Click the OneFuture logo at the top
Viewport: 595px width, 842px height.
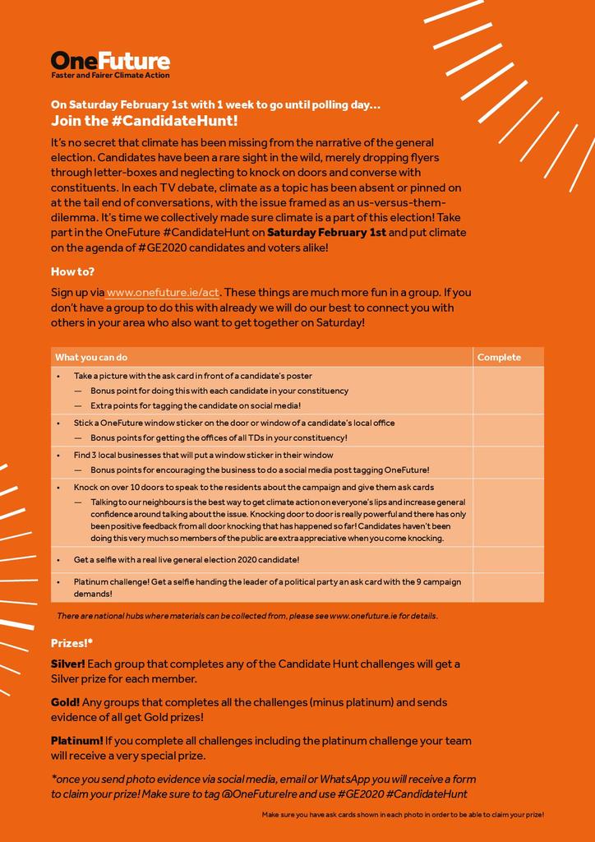[110, 60]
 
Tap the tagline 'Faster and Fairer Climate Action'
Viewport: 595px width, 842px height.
[110, 76]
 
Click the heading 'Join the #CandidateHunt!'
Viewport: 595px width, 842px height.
[145, 121]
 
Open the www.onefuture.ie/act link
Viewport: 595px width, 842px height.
[163, 292]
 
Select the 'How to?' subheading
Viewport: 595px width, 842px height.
[72, 271]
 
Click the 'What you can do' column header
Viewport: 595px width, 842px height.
[91, 357]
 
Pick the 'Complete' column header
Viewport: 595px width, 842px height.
[499, 357]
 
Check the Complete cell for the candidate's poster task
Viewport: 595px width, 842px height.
[508, 391]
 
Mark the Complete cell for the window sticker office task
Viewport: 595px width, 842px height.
[508, 430]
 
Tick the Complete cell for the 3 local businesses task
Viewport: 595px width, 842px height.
[508, 462]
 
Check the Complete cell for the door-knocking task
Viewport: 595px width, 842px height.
[508, 513]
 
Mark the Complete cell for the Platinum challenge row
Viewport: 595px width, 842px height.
[508, 587]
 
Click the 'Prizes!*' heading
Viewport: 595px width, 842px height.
[72, 643]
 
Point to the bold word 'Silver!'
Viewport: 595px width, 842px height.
[68, 664]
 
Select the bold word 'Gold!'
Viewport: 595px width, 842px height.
[66, 702]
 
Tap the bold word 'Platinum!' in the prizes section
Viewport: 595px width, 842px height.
[77, 741]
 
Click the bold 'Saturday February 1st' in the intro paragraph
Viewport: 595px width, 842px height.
[326, 233]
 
